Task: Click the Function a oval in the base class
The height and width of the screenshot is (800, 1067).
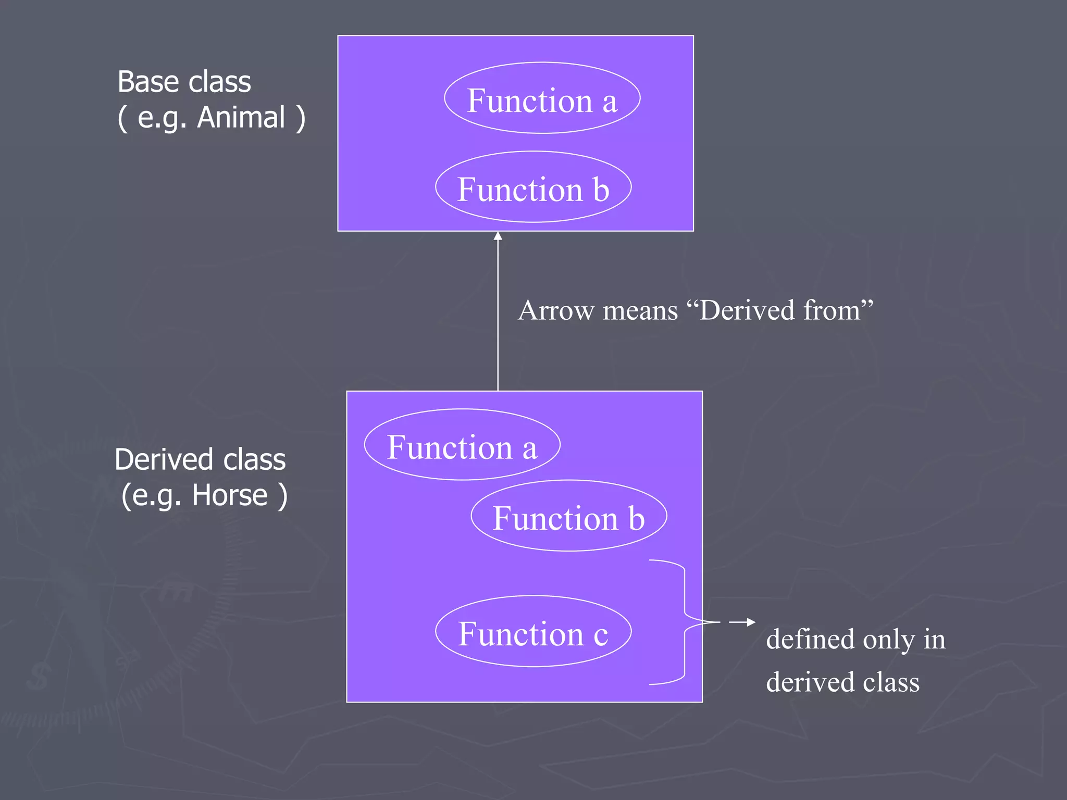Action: (x=542, y=98)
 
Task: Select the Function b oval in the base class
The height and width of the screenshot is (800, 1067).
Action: (x=533, y=187)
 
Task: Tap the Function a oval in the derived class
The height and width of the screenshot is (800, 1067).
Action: (x=462, y=445)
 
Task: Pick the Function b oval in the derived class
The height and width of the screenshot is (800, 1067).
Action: (x=569, y=516)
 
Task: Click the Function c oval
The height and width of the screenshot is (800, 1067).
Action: (x=533, y=631)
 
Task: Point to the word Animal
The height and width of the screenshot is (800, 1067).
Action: (x=241, y=117)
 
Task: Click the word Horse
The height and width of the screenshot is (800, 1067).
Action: (x=230, y=495)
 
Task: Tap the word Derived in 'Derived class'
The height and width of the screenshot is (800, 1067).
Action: (x=164, y=459)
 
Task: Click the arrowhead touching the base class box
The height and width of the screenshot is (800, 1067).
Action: (x=498, y=236)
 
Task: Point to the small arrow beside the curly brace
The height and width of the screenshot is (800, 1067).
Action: (x=742, y=622)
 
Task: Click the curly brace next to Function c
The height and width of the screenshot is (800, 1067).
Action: (x=685, y=622)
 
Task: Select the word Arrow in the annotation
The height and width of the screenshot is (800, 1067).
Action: (x=556, y=310)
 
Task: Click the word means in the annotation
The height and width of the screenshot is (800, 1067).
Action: (x=640, y=310)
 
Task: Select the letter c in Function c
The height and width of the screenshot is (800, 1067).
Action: (x=601, y=635)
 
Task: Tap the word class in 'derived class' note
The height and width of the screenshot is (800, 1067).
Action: (x=891, y=682)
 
